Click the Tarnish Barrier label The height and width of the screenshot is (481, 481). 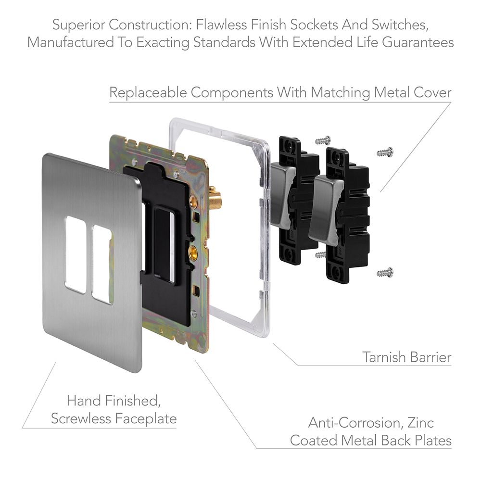[406, 357]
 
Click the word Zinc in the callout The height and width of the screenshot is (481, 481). [422, 423]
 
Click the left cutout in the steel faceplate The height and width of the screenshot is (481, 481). [76, 254]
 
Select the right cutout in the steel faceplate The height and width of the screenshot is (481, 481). [102, 264]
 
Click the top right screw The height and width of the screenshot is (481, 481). [385, 152]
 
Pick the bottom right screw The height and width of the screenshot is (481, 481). [385, 273]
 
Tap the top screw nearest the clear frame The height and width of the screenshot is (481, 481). [323, 140]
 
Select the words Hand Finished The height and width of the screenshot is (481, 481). [113, 400]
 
